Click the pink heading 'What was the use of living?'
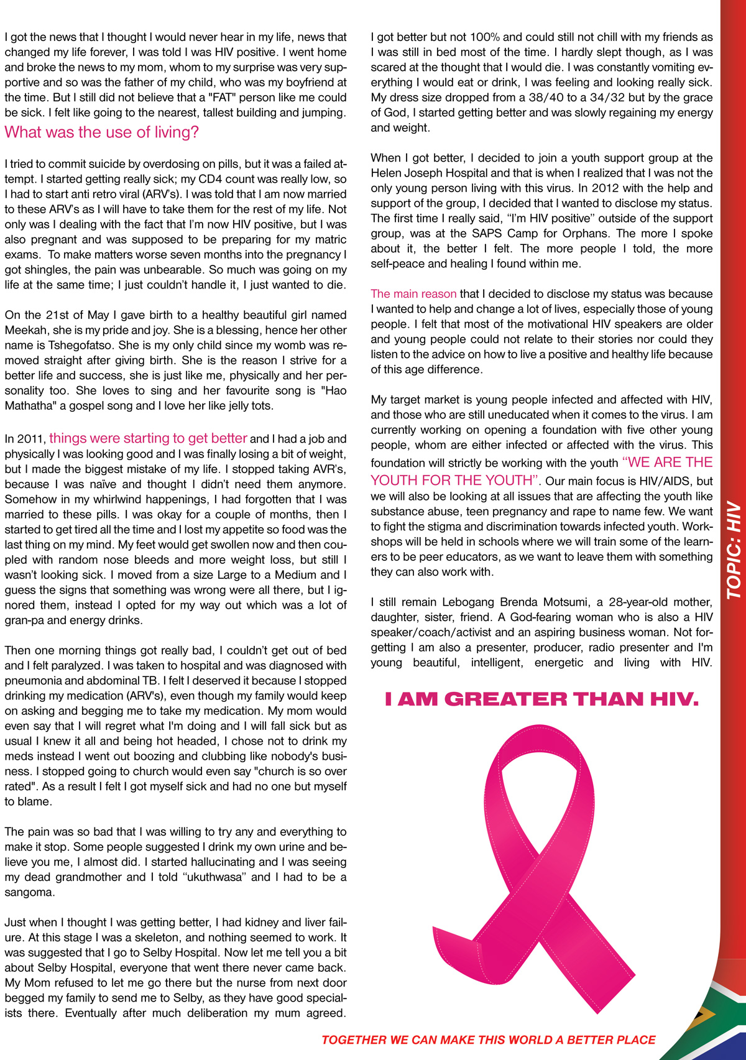pos(101,132)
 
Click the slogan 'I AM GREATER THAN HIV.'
pos(541,699)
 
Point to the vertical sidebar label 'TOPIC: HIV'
pos(734,550)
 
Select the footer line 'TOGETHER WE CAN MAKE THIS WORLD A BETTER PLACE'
pos(489,1040)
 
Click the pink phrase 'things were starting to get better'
pos(148,438)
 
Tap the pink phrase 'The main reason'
pos(413,293)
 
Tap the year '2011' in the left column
pos(31,439)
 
